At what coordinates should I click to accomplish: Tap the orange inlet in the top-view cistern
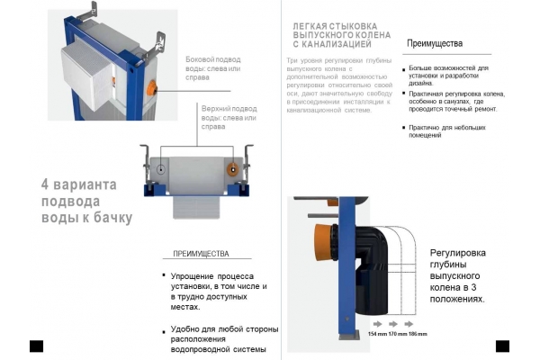233,169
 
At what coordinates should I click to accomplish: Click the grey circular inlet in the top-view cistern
157,169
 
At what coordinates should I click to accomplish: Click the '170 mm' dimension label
398,334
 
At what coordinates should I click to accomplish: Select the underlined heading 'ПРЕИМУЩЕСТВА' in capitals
200,254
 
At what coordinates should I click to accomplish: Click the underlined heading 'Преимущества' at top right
435,43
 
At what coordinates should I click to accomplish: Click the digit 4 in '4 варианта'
44,184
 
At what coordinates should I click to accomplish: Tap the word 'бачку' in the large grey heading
111,218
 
